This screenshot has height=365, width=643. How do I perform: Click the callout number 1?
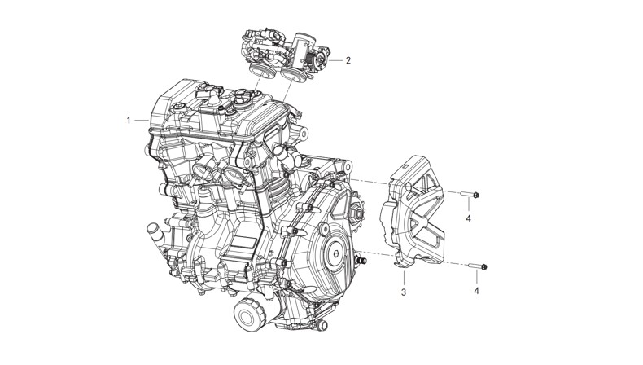[129, 121]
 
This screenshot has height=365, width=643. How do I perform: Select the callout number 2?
[348, 60]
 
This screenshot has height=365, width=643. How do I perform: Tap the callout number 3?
[404, 292]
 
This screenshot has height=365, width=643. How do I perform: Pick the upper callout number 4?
[468, 218]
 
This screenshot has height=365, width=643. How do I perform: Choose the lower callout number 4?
[476, 291]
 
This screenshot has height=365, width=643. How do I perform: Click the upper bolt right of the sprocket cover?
[470, 195]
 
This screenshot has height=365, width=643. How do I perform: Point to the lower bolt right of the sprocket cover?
[478, 267]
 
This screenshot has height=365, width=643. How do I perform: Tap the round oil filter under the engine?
[250, 314]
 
